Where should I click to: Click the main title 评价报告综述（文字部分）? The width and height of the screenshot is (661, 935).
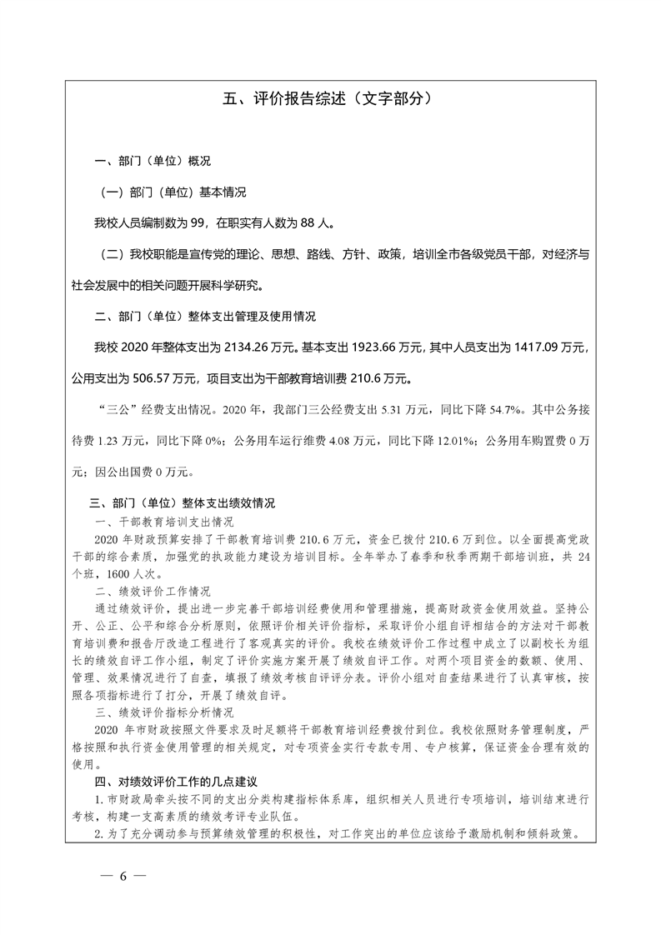click(x=330, y=98)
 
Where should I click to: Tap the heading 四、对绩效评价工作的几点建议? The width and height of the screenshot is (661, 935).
click(x=178, y=782)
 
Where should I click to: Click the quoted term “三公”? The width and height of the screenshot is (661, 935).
click(x=117, y=410)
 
